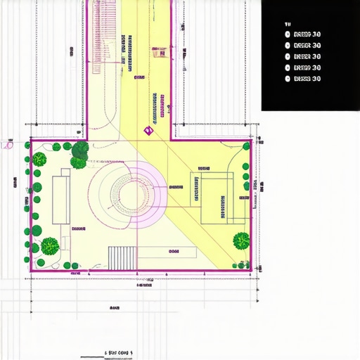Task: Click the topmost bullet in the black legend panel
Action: (x=288, y=34)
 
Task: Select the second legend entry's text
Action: (x=307, y=45)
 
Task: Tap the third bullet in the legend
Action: (x=288, y=56)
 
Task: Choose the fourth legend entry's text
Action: (x=307, y=67)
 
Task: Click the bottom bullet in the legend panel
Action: (x=288, y=79)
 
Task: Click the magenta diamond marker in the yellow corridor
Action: (x=148, y=130)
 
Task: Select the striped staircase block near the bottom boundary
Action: (x=122, y=257)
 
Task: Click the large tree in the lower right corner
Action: (x=241, y=241)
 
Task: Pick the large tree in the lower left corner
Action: (x=49, y=246)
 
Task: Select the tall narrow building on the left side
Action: (x=61, y=199)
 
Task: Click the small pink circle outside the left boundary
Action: (x=8, y=146)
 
